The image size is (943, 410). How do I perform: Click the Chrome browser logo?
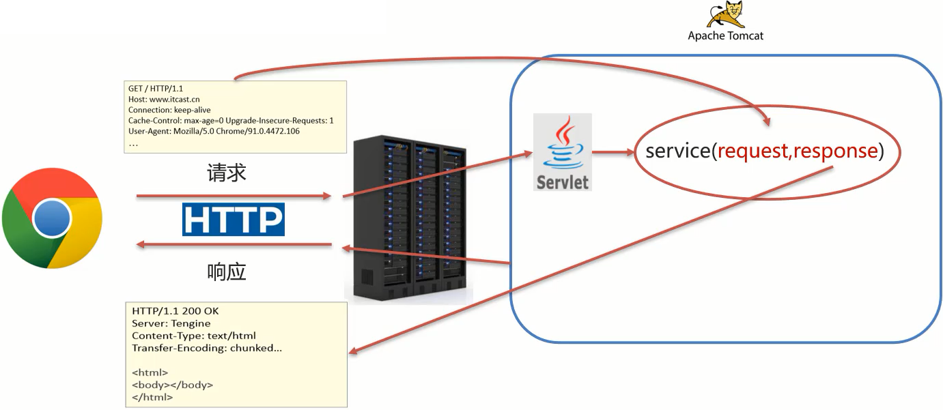pos(52,218)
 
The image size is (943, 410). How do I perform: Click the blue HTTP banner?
pos(233,220)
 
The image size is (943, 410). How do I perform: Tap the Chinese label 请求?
pos(227,173)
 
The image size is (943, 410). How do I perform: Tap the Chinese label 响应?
pos(227,272)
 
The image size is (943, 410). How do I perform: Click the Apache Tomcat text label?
pos(725,35)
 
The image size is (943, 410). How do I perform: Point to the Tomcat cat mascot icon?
pos(725,14)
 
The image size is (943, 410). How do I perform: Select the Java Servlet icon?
pos(562,151)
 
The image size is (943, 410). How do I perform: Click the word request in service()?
pos(752,151)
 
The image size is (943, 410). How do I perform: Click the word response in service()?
pos(834,151)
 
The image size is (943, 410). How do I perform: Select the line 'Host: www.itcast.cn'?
pos(164,100)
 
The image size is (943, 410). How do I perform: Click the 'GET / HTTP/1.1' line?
pos(156,89)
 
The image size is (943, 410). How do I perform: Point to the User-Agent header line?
pos(214,131)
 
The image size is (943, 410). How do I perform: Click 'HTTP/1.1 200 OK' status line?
pos(175,311)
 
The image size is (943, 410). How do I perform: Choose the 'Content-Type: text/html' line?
pos(193,336)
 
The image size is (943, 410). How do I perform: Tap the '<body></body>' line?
pos(172,385)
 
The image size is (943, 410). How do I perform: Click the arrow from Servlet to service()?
pos(613,153)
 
